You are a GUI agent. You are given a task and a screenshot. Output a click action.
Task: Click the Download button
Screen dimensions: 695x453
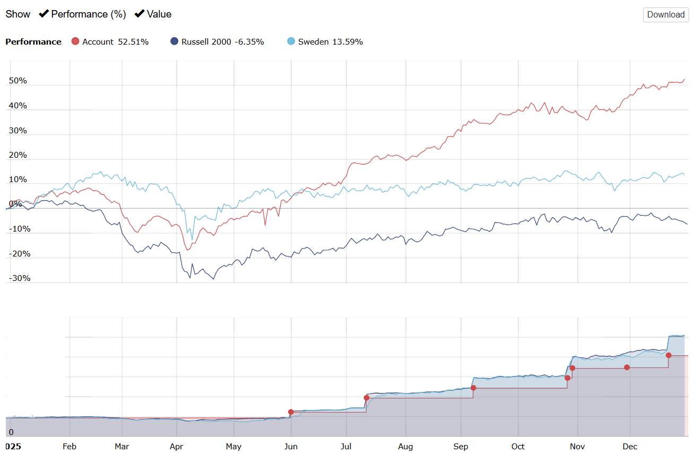click(665, 14)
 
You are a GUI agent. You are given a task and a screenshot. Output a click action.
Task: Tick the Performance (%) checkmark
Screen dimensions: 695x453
click(44, 14)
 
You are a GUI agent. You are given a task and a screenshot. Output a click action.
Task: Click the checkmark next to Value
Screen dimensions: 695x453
click(140, 14)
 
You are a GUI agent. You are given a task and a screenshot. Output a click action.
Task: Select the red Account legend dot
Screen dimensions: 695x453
click(75, 41)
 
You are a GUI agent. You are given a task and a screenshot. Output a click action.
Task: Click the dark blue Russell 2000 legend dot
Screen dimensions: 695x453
click(175, 41)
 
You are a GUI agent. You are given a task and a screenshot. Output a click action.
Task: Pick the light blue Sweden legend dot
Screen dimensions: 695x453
click(291, 41)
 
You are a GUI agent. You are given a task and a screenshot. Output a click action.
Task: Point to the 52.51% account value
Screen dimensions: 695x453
click(133, 42)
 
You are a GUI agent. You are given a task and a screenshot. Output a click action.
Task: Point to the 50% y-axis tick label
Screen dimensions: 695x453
click(18, 81)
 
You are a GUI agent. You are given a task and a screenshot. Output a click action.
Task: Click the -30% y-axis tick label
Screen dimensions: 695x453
click(20, 278)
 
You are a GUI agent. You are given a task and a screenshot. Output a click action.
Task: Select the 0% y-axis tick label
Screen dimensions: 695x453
click(15, 204)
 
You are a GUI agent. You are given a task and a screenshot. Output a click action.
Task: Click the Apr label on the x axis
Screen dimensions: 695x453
click(176, 447)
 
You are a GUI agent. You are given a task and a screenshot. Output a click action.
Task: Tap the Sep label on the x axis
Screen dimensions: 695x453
click(461, 447)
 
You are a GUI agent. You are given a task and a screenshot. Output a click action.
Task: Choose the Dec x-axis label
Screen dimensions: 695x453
click(630, 447)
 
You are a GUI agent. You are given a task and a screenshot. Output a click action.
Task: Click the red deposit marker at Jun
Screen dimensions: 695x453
click(291, 412)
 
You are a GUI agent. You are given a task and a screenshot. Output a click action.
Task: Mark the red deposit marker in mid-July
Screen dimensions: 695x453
click(367, 398)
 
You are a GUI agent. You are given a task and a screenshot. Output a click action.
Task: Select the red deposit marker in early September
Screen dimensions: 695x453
click(473, 388)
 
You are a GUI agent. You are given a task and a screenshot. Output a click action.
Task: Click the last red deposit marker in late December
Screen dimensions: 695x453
click(668, 355)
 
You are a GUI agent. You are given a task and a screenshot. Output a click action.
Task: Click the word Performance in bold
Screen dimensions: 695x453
click(33, 42)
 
